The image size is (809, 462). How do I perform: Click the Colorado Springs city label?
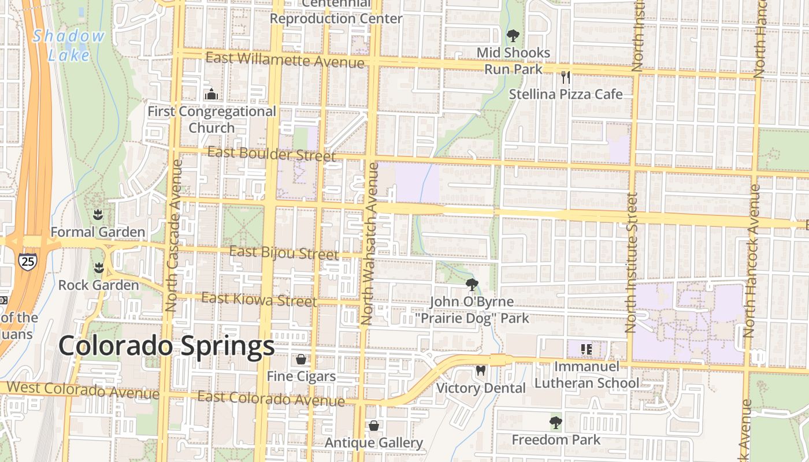pos(166,346)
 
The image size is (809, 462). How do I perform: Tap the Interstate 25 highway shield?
pos(27,262)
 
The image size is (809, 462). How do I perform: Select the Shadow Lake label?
pos(69,45)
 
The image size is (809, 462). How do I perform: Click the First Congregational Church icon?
pos(211,94)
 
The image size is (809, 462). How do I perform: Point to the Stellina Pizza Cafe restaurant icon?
pos(565,77)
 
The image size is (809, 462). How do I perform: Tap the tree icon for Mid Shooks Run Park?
pos(513,36)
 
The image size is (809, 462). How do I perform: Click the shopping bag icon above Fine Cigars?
pos(301,359)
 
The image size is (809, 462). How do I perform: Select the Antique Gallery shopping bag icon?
pos(374,426)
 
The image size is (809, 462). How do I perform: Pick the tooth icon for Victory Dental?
pos(480,370)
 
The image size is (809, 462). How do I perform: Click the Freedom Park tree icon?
pos(555,423)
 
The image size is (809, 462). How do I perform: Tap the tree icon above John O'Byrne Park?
pos(472,284)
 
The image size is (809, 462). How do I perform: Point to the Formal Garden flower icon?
pos(98,215)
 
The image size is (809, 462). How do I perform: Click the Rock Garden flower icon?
pos(98,269)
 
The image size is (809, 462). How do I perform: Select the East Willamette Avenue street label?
pos(285,59)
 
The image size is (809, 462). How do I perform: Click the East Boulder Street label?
pos(271,154)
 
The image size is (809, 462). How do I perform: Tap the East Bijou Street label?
pos(284,254)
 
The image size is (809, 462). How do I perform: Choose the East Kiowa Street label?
pos(259,300)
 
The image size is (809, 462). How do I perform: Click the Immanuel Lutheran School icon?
pos(587,349)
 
